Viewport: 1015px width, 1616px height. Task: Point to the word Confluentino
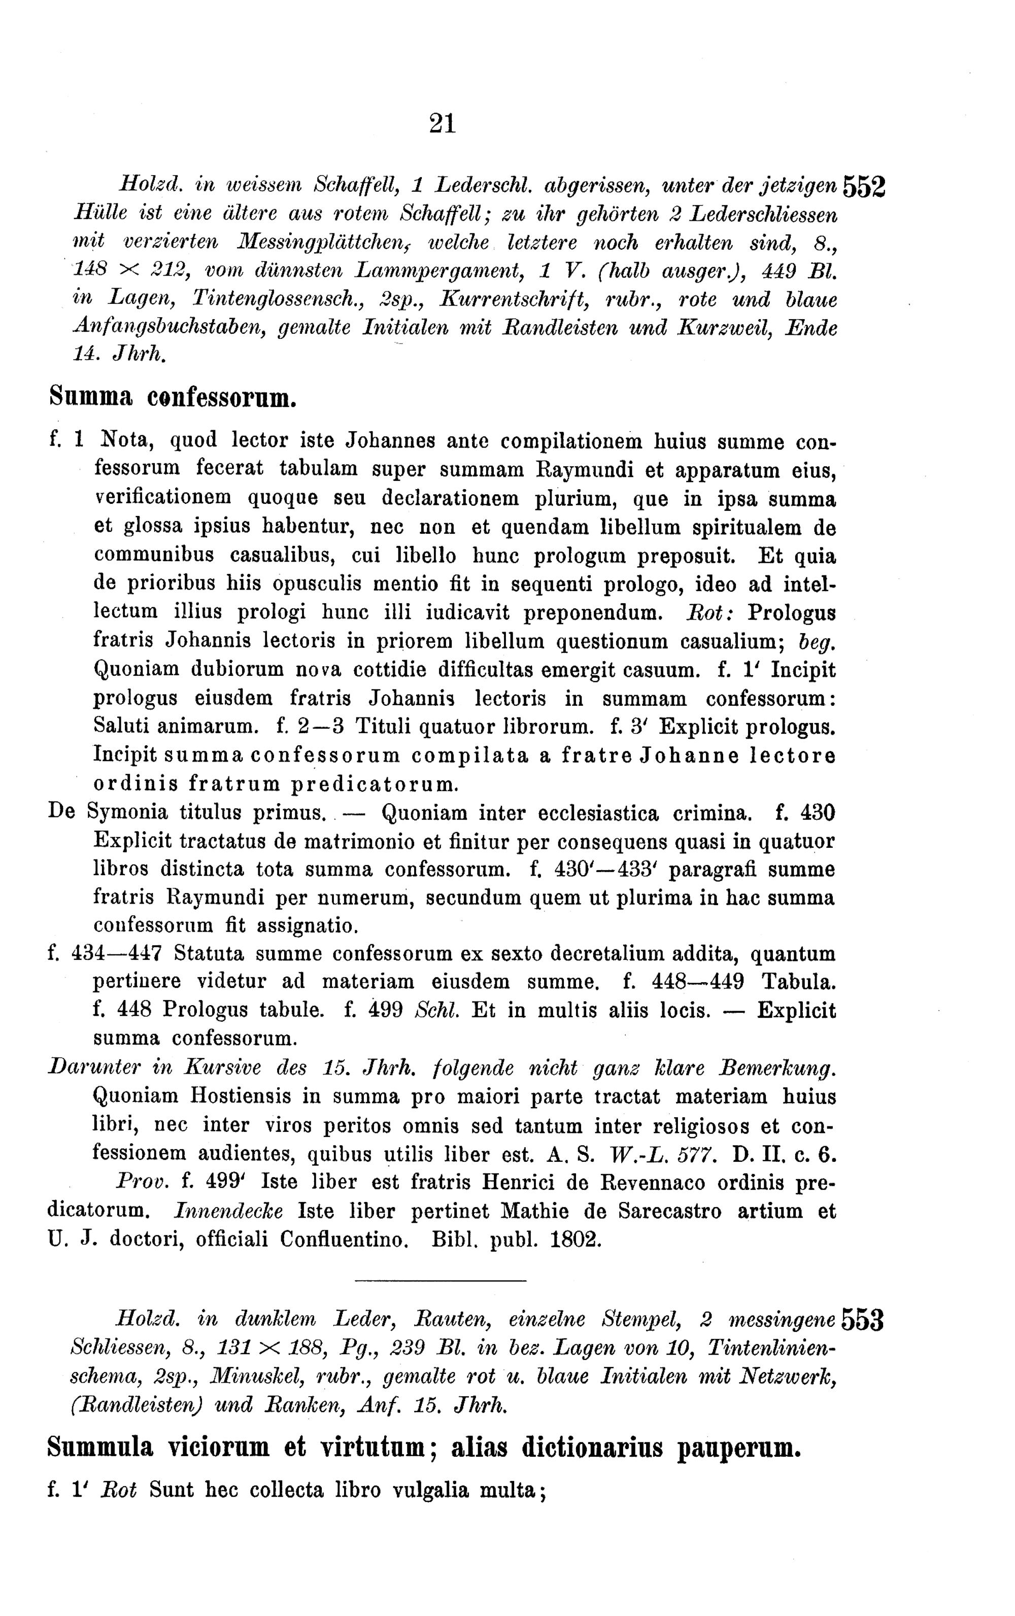345,1239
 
